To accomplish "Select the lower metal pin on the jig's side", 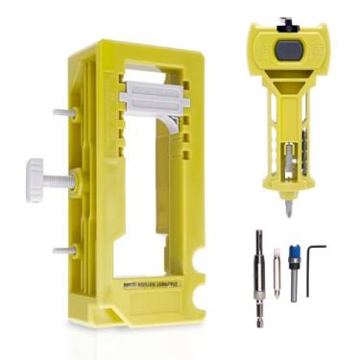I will [60, 250].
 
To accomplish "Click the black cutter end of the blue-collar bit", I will [294, 252].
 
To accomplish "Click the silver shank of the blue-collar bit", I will [295, 288].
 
